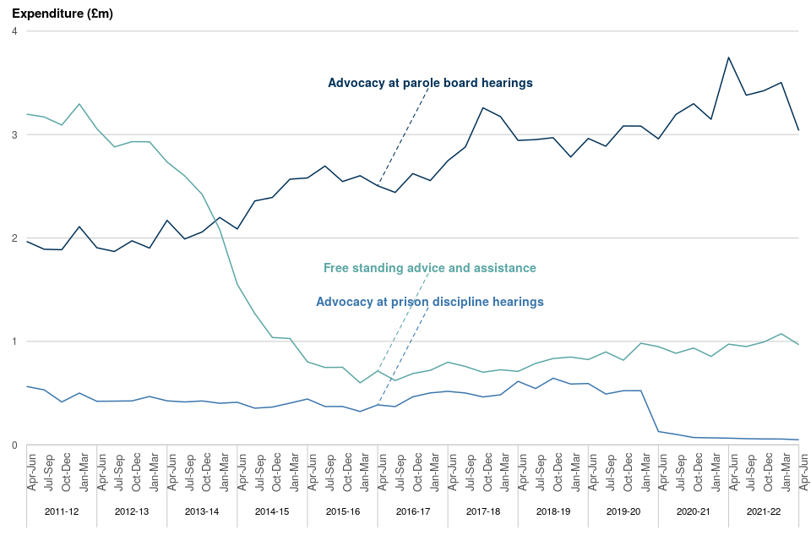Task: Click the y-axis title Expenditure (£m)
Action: pos(62,14)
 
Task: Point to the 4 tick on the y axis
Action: pos(14,31)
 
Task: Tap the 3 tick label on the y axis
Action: pos(14,134)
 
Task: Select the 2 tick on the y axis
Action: pos(14,238)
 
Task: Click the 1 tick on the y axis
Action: pos(14,342)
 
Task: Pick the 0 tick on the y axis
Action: pos(14,445)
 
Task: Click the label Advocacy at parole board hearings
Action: pos(430,83)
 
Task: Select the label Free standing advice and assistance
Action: pos(430,268)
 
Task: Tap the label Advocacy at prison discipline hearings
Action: pos(430,302)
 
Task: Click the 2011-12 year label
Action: pos(62,512)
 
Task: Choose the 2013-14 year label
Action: pos(202,512)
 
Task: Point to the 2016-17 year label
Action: pos(412,512)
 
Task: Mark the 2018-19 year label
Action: pos(552,512)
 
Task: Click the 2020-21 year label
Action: pos(693,512)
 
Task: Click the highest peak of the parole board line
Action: pos(728,57)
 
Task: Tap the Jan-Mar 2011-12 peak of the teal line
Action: pos(79,104)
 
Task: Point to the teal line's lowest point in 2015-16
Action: pos(360,383)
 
